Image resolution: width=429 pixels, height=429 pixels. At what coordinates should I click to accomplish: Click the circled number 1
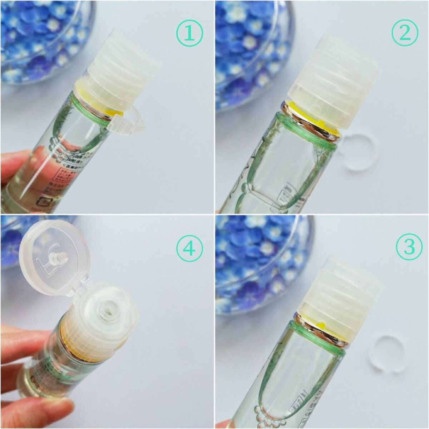coord(189,33)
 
